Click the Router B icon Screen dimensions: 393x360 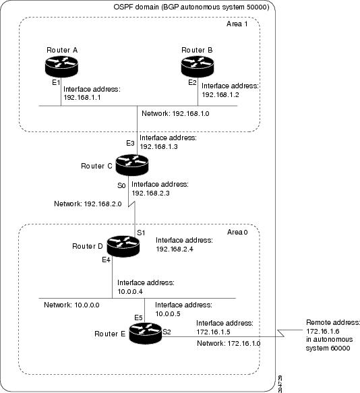pos(197,67)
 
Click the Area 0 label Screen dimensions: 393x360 pos(238,231)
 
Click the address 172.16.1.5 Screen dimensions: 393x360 pos(217,332)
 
